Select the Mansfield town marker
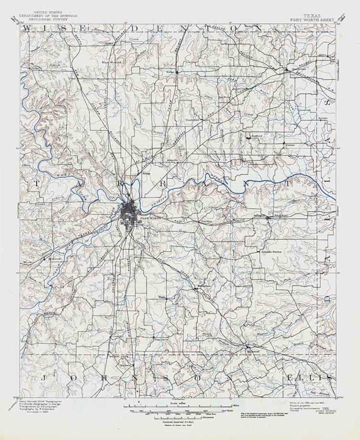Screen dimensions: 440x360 (247, 347)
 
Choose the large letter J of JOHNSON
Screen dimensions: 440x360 (43, 378)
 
